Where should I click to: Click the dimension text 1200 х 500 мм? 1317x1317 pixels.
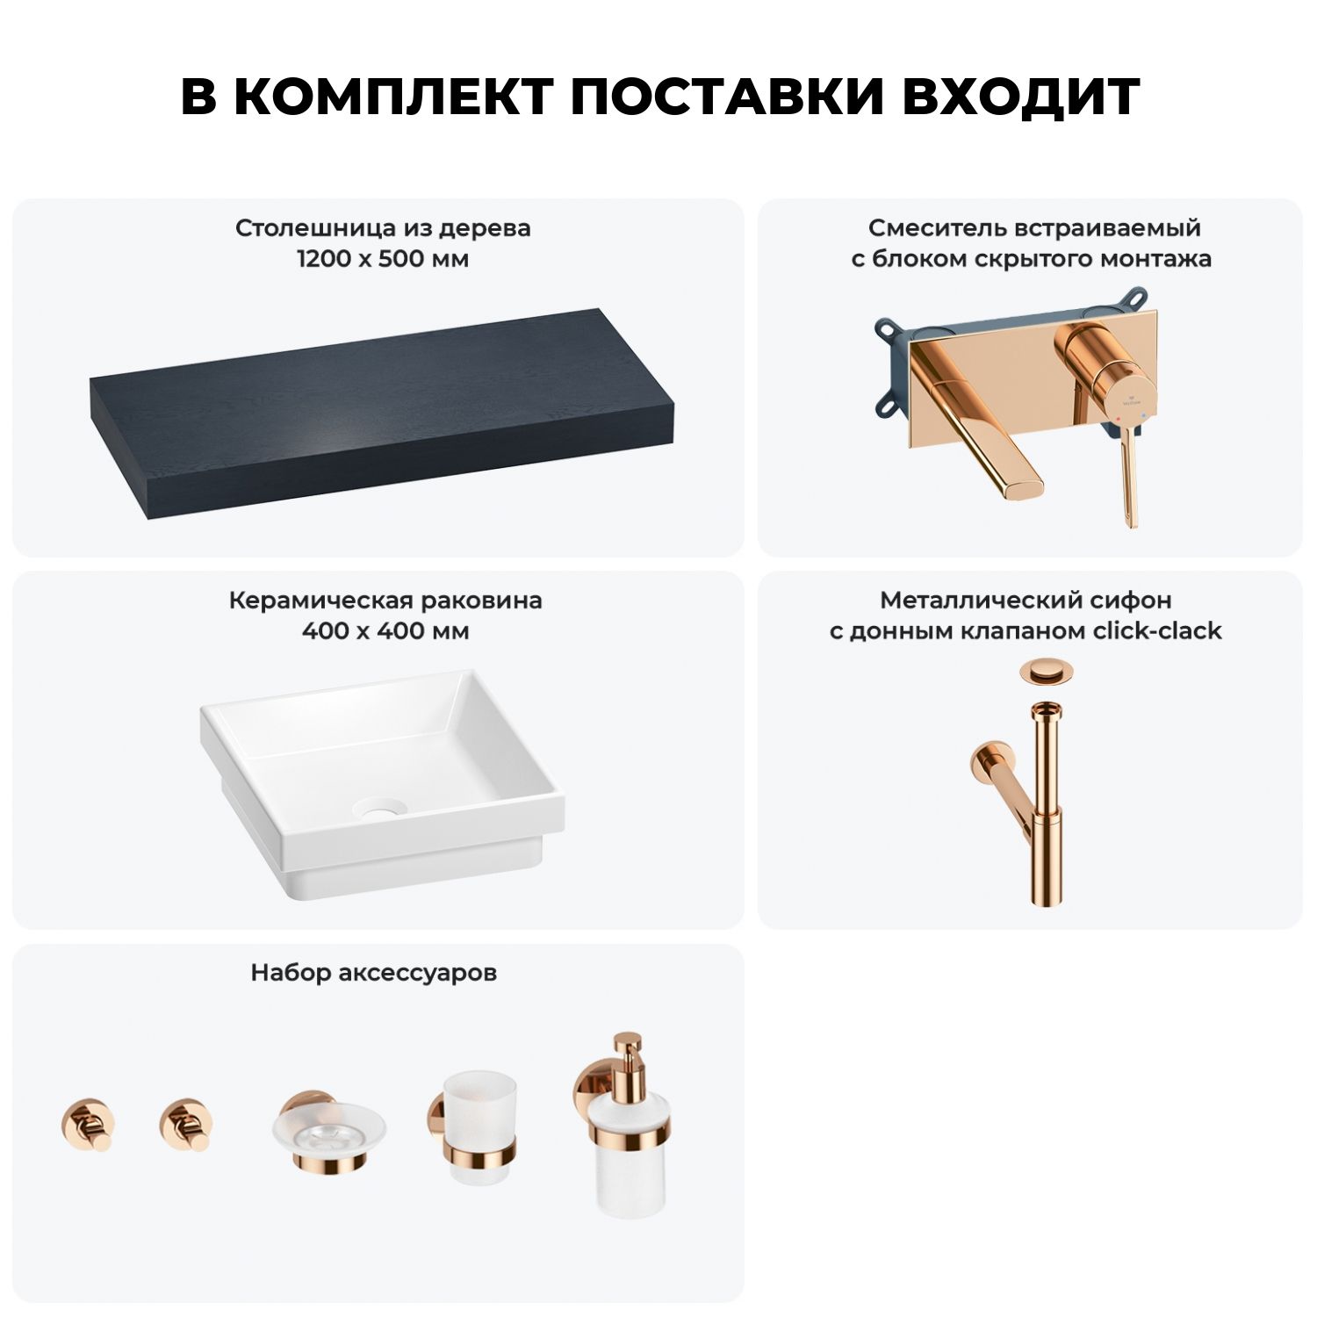point(383,259)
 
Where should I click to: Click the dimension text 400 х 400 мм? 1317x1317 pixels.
point(385,631)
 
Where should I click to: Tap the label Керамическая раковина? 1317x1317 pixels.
point(385,601)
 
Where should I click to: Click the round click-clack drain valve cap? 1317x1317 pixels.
point(1041,673)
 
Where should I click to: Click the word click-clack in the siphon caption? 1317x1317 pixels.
point(1156,631)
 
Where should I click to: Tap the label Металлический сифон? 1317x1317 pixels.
point(1026,601)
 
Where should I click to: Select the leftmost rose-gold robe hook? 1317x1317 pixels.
point(87,1123)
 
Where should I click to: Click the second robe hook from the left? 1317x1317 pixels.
point(187,1123)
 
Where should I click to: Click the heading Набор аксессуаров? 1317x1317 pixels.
point(374,973)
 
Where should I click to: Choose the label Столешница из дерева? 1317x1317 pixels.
point(383,228)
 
